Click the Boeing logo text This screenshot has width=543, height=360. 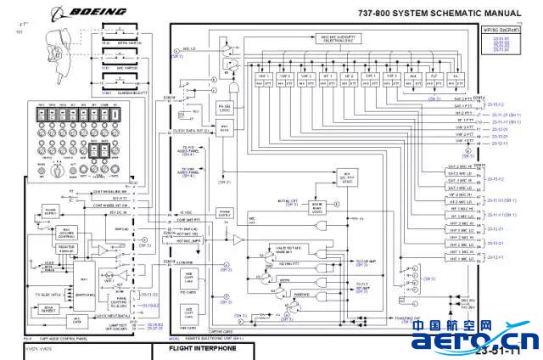point(98,12)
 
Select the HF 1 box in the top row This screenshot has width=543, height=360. point(326,80)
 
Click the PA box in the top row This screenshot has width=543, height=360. point(456,80)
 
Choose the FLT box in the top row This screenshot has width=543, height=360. point(434,80)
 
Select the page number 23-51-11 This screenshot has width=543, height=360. point(499,351)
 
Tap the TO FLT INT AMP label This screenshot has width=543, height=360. point(363,286)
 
